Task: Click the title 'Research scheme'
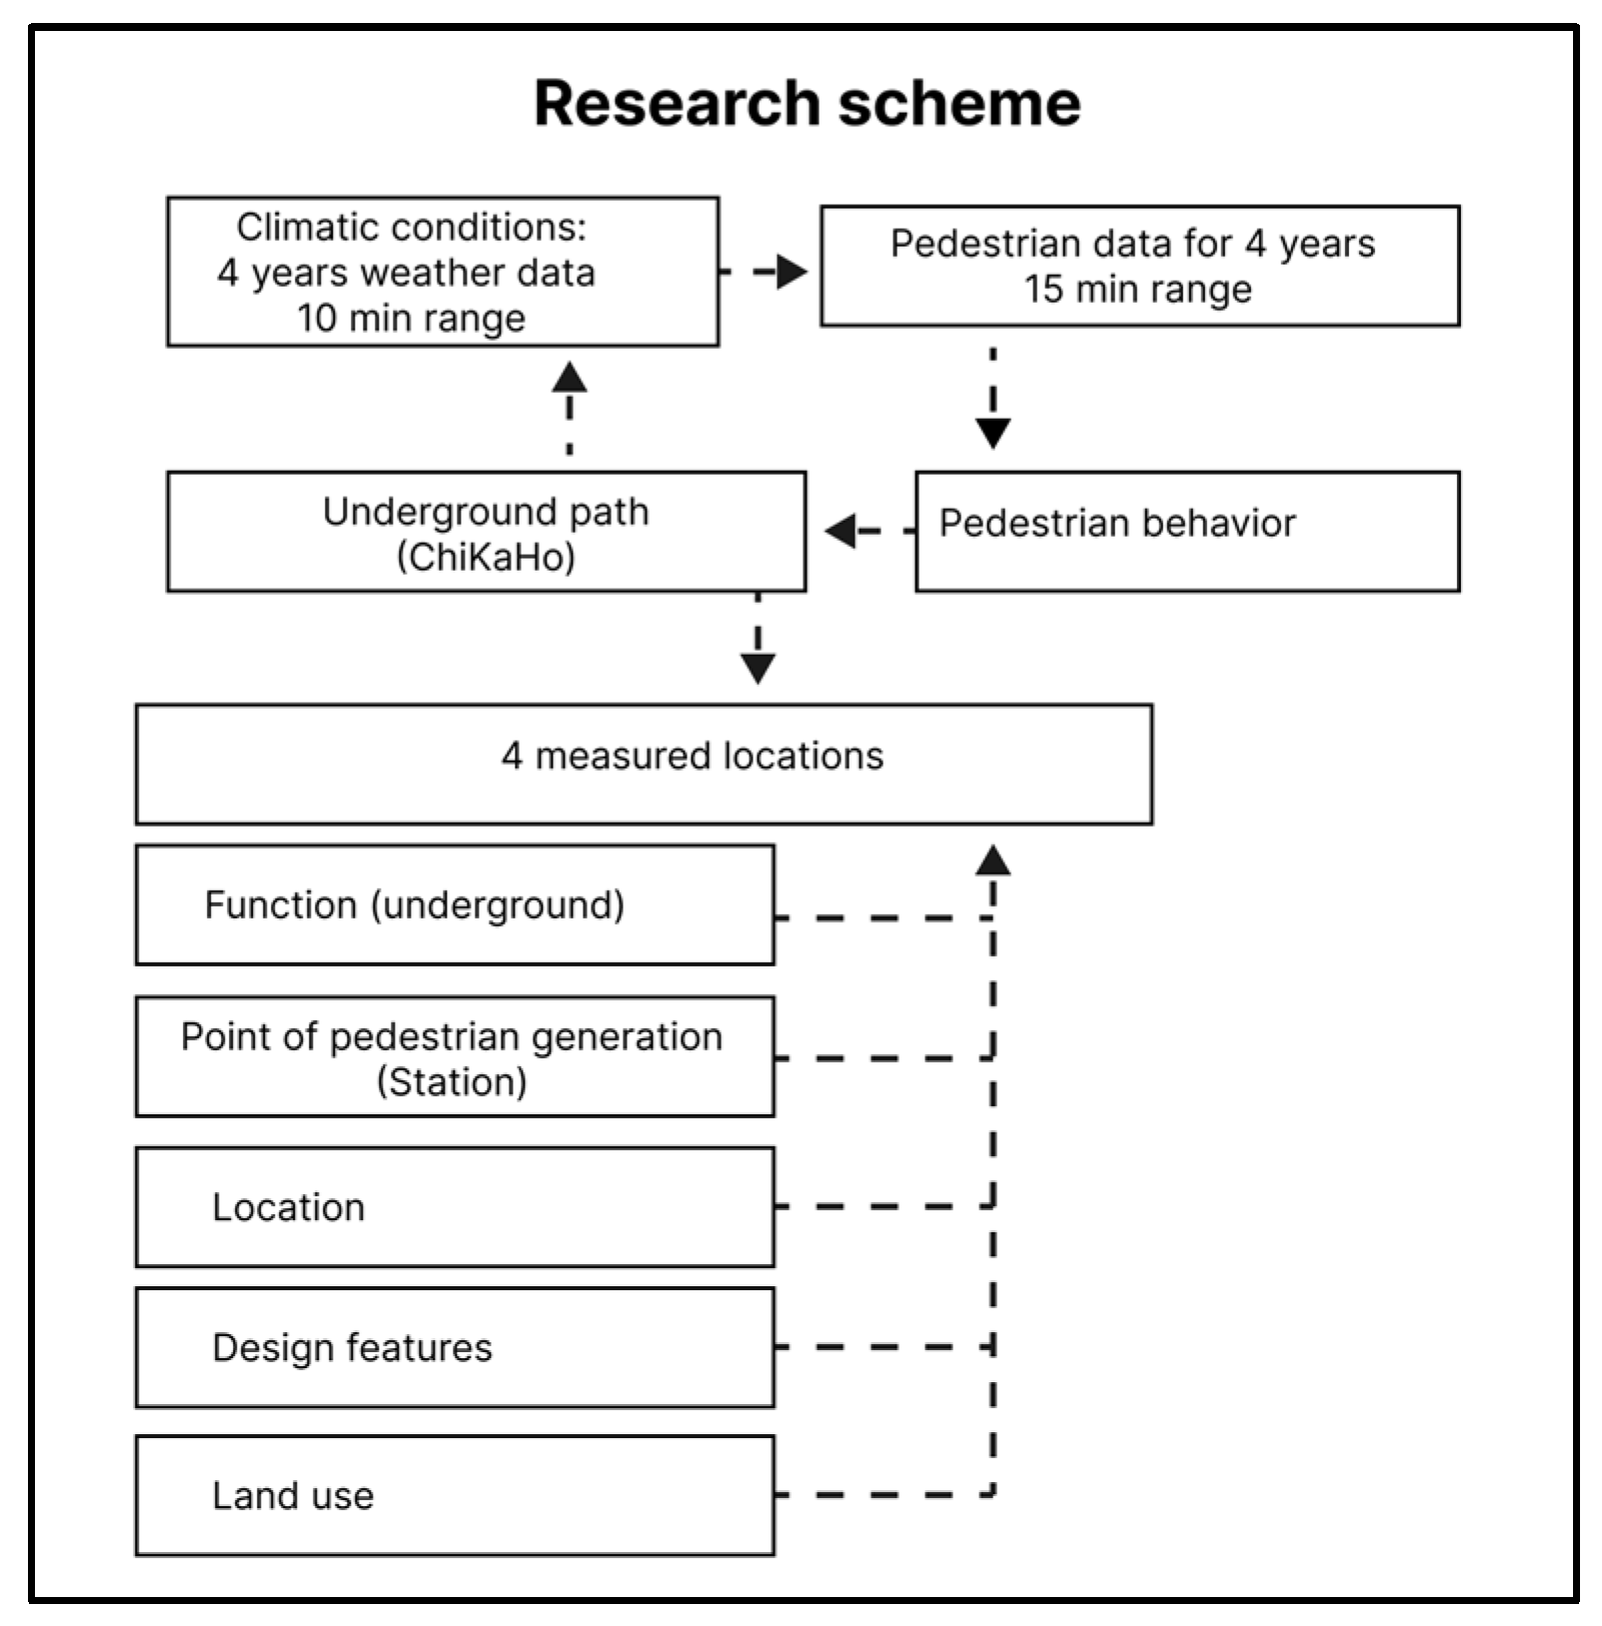point(806,103)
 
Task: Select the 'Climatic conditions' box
point(443,271)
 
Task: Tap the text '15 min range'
point(1137,289)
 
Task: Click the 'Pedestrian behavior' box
point(1186,531)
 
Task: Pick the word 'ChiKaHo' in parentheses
point(487,557)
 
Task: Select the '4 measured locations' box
point(644,764)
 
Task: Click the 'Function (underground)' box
point(455,904)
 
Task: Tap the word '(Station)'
point(452,1081)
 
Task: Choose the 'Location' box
point(455,1206)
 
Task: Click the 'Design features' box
point(455,1347)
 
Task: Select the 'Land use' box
point(455,1495)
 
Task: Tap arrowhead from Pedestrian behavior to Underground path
point(841,531)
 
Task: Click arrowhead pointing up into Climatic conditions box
point(570,377)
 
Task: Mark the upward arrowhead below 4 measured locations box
point(992,859)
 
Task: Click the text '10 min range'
point(411,318)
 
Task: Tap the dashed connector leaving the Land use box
point(879,1495)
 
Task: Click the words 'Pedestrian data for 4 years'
point(1132,243)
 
